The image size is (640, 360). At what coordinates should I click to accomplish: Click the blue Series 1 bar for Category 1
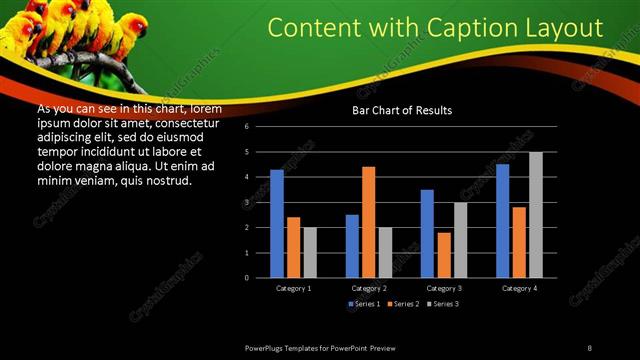(x=277, y=223)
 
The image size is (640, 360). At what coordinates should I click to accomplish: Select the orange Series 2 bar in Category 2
(x=368, y=221)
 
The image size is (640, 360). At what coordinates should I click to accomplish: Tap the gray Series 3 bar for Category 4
(x=536, y=214)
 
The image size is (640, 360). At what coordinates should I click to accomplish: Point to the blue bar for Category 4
(x=502, y=220)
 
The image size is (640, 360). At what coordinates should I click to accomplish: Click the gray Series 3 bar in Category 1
(x=309, y=252)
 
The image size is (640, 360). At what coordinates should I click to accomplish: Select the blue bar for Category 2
(x=352, y=245)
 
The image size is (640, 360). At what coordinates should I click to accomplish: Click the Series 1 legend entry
(x=364, y=303)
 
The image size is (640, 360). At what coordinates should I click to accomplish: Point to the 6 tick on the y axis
(x=246, y=128)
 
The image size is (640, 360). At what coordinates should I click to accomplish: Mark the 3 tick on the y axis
(x=246, y=202)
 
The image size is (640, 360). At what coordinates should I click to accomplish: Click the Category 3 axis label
(x=443, y=288)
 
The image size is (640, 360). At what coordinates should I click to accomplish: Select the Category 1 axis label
(x=293, y=288)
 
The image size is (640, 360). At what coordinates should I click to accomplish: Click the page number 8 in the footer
(x=590, y=346)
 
